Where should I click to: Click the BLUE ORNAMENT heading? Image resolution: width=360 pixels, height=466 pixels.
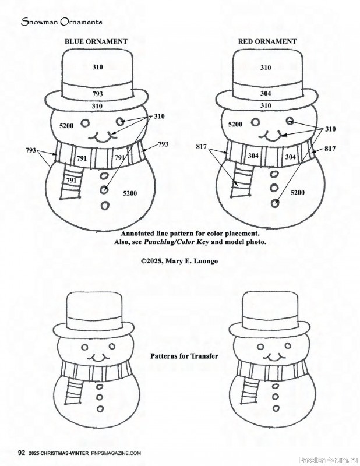point(96,42)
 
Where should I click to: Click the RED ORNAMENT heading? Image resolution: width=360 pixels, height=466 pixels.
point(267,42)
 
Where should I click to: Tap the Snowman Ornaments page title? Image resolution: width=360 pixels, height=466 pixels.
point(62,22)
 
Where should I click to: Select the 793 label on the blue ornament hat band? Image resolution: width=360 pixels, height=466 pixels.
point(97,93)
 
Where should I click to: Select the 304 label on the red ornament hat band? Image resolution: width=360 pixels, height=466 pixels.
point(265,93)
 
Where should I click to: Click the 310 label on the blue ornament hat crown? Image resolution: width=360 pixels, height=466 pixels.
point(97,68)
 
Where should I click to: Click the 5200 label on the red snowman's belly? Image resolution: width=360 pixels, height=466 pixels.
point(297,192)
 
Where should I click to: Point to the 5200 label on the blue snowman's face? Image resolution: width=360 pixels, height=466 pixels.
point(67,126)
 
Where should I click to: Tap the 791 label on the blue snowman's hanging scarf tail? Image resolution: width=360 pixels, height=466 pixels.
point(71,181)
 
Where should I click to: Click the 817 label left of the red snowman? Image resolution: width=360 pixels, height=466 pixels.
point(202,148)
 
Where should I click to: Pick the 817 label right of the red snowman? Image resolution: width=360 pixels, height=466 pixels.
point(330,149)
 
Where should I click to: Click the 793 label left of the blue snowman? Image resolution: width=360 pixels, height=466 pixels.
point(31,150)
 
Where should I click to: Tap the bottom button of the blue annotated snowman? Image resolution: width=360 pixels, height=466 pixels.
point(105,204)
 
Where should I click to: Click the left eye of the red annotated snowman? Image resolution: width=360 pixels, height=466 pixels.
point(255,123)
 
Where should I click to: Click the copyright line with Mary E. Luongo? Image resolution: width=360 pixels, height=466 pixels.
point(179,262)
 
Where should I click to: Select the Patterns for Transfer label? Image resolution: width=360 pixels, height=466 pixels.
point(180,355)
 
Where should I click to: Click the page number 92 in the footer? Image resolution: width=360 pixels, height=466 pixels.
point(21,453)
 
